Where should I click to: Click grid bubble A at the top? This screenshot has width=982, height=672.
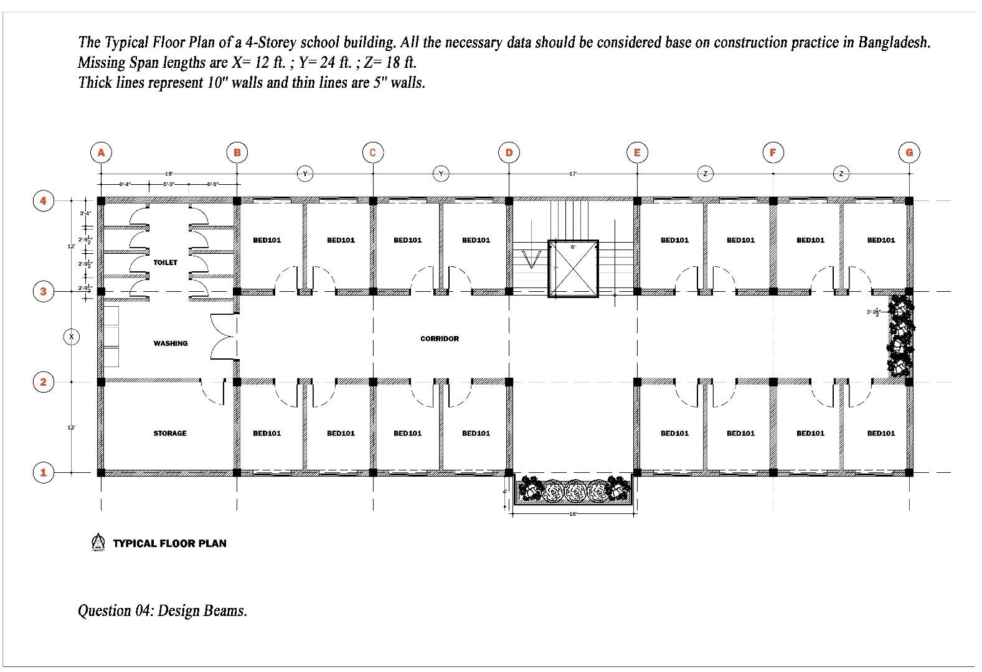tap(101, 152)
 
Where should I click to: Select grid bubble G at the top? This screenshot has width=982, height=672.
tap(909, 152)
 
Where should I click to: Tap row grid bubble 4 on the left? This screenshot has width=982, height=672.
tap(43, 200)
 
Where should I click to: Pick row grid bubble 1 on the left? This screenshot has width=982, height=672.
tap(43, 472)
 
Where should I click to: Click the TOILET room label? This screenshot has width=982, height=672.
tap(165, 263)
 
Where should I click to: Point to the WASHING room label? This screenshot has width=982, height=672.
tap(170, 343)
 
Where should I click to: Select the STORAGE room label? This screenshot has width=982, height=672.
tap(169, 433)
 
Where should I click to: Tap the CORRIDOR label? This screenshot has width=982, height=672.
tap(439, 338)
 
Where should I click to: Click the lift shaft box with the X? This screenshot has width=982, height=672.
tap(573, 269)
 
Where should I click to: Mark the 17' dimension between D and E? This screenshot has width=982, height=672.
tap(572, 174)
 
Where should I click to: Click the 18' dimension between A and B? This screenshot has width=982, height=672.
tap(169, 174)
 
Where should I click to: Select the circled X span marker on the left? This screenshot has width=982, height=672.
tap(72, 337)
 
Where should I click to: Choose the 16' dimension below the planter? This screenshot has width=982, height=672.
tap(572, 514)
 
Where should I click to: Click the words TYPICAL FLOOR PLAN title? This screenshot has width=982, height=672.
tap(169, 543)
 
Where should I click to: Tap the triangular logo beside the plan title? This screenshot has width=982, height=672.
tap(98, 542)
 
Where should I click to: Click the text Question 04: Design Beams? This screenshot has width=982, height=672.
tap(163, 610)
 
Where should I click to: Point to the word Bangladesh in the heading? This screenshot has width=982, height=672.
tap(893, 42)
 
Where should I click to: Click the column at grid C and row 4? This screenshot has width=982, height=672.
tap(373, 201)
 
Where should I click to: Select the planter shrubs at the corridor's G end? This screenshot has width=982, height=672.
tap(900, 336)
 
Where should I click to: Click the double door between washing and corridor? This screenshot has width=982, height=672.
tap(223, 337)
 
